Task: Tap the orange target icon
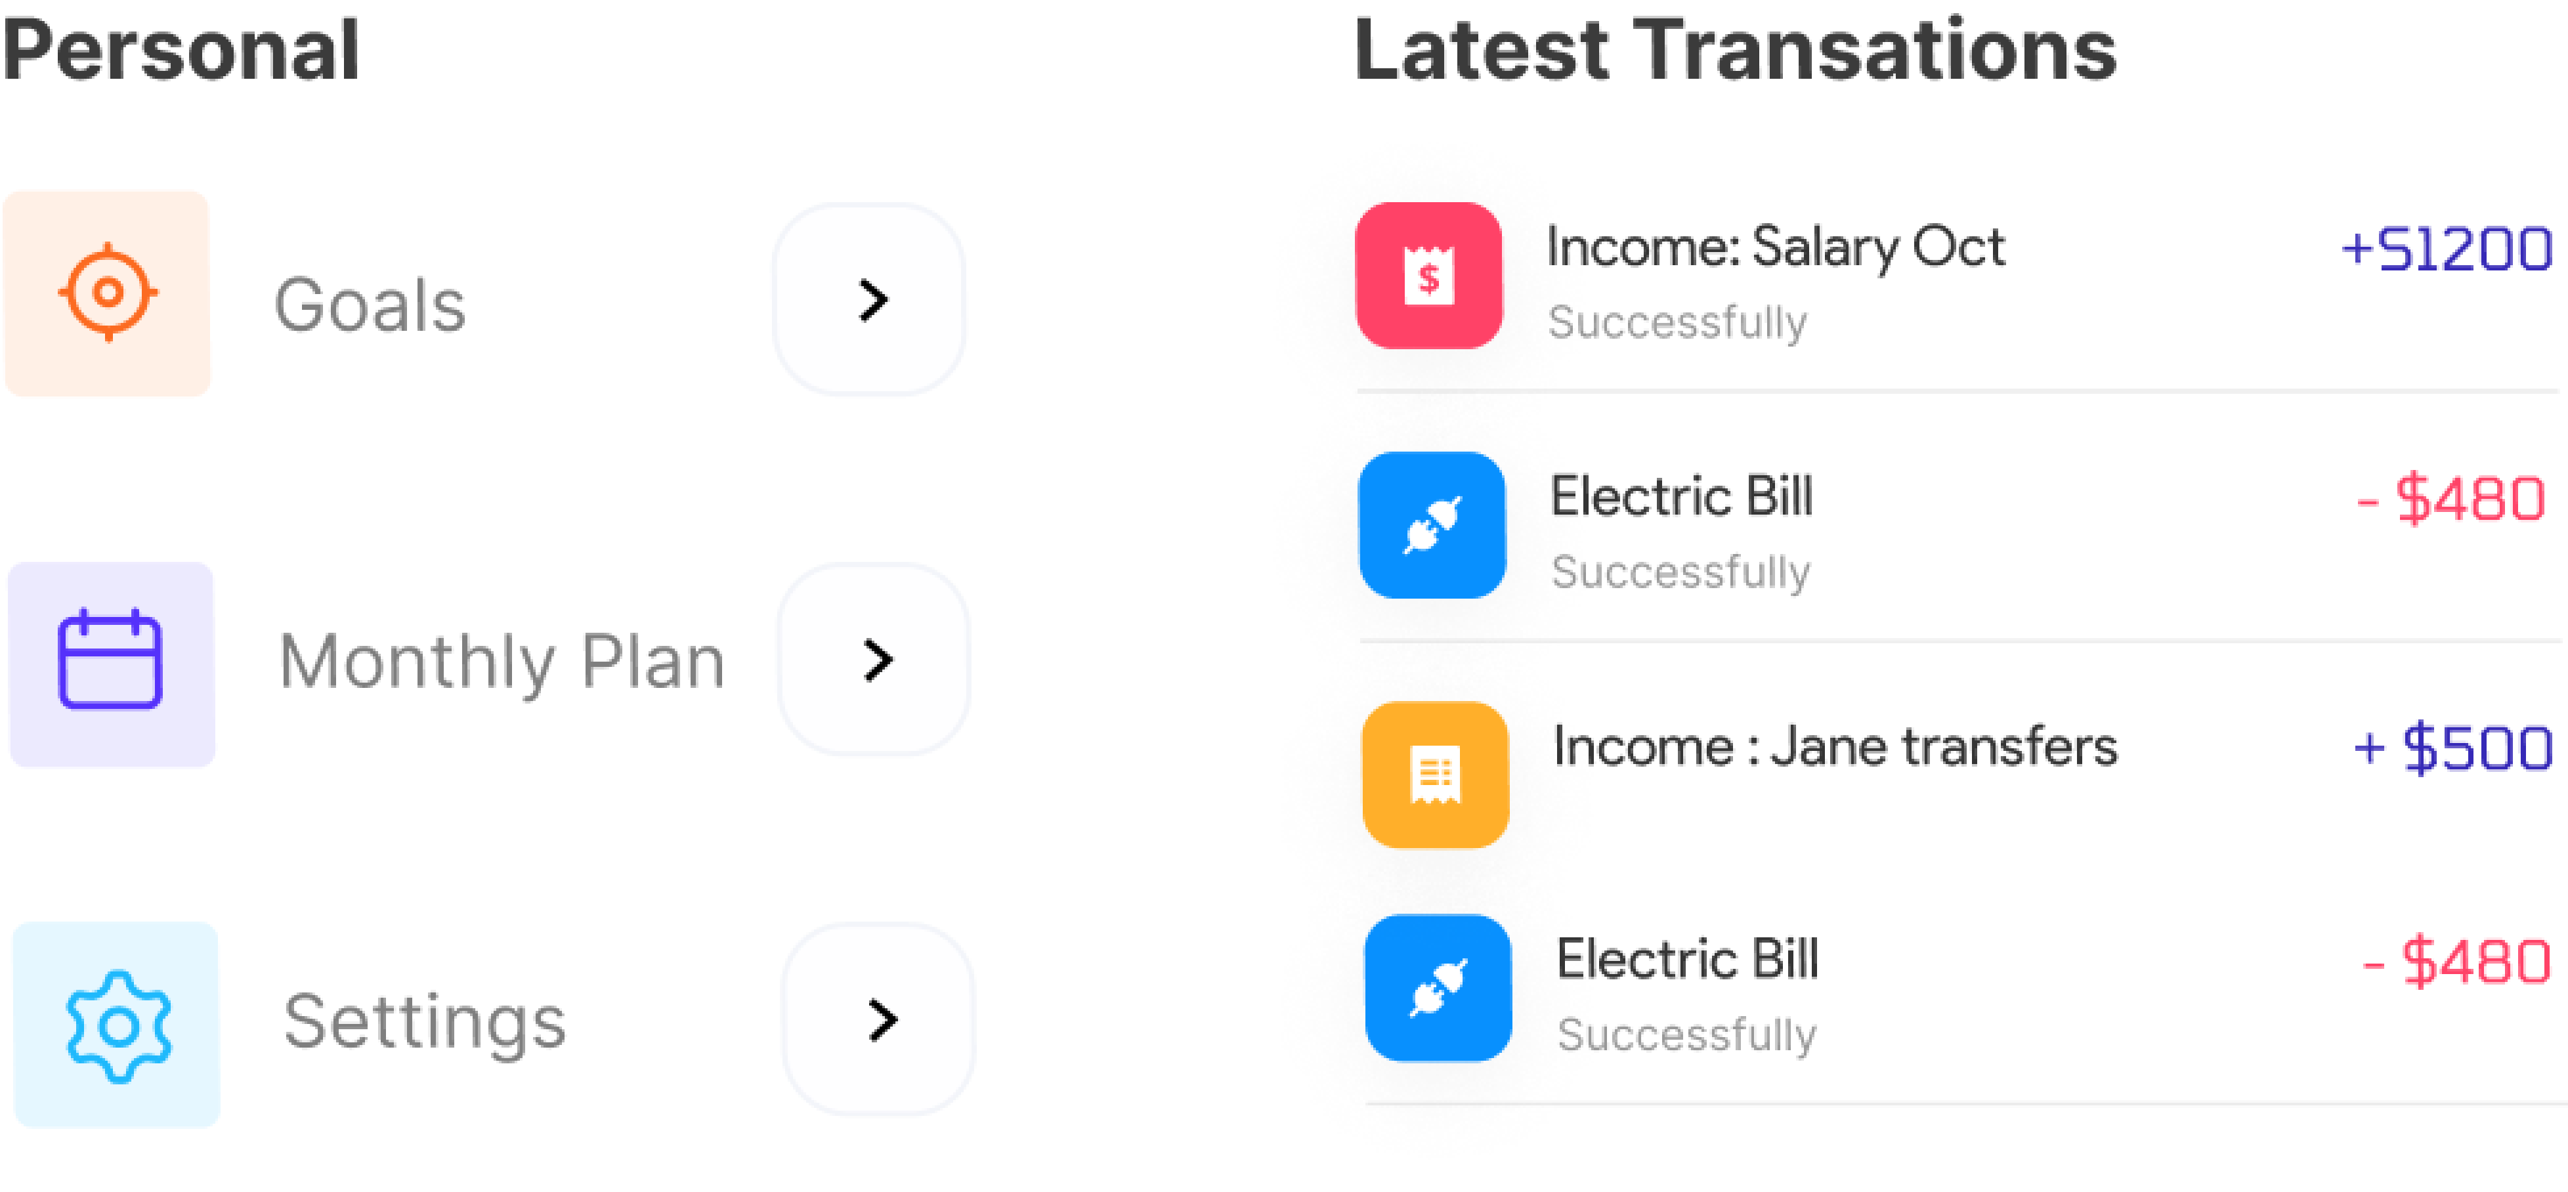[x=108, y=293]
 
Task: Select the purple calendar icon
[x=111, y=664]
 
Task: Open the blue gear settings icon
[x=118, y=1025]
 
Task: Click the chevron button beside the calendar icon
[x=874, y=660]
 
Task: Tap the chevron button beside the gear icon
[x=878, y=1019]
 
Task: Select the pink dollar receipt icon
[x=1428, y=276]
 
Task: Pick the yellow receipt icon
[x=1434, y=775]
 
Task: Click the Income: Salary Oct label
[x=1776, y=247]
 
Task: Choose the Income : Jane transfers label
[x=1834, y=748]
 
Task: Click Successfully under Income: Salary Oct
[x=1678, y=323]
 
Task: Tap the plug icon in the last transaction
[x=1438, y=988]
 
